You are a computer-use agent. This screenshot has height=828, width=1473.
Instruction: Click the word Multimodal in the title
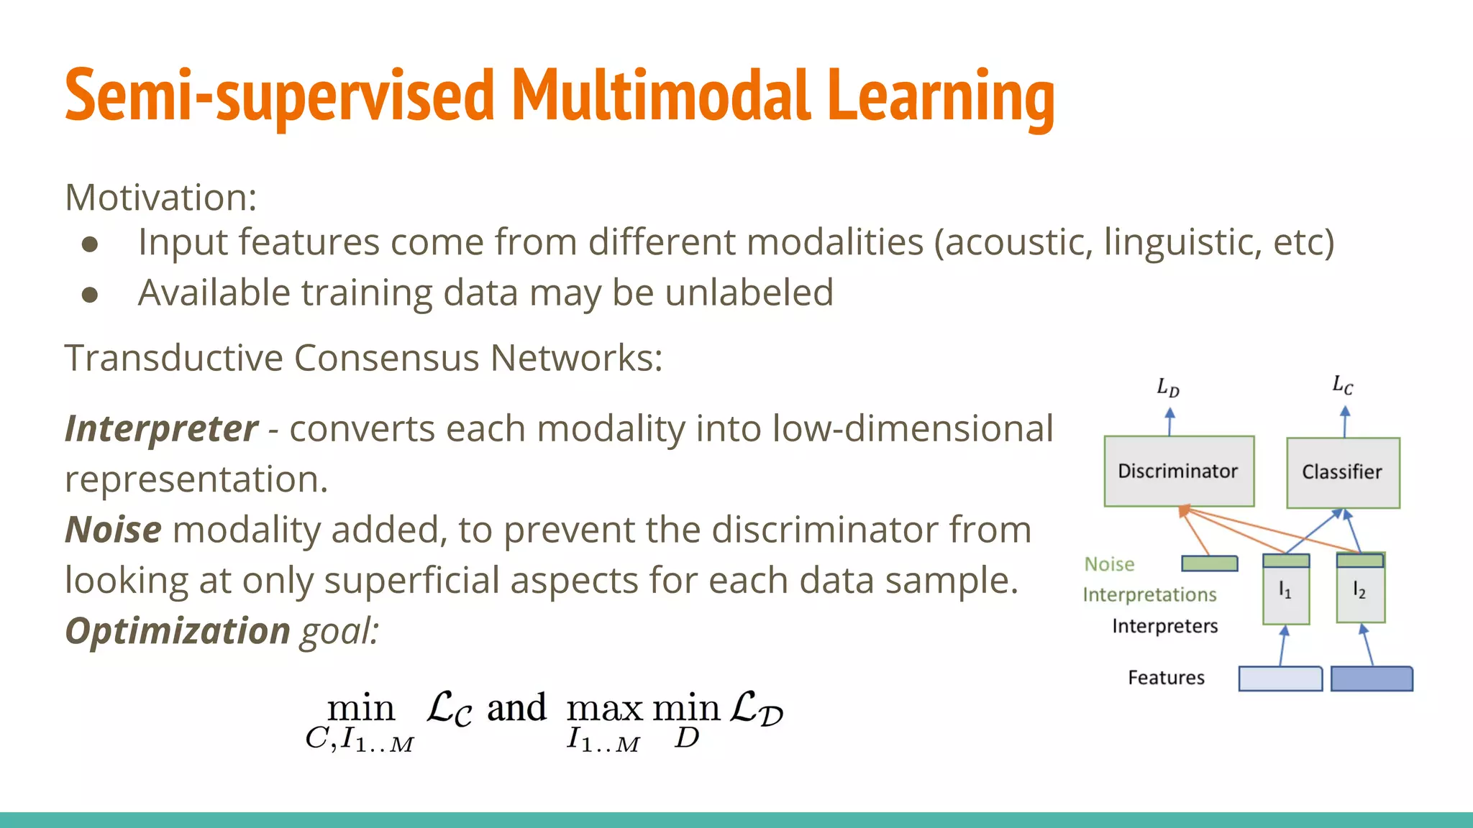[660, 96]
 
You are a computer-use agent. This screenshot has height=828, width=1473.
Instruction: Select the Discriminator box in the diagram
[1178, 471]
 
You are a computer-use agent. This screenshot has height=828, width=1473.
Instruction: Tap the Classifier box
[1342, 472]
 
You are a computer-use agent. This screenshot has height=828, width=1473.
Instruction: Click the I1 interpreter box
[1285, 593]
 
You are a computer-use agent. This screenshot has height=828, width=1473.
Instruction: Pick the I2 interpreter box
[1359, 593]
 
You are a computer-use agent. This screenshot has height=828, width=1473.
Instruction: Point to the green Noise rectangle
[1209, 563]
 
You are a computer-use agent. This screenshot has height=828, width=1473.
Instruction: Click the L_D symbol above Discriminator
[1168, 388]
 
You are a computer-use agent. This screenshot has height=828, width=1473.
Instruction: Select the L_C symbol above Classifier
[1342, 385]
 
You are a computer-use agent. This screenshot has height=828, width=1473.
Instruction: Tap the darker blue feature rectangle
[1371, 679]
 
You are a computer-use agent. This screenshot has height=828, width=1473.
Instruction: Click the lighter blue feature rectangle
[1280, 679]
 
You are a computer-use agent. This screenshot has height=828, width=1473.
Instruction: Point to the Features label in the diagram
[1165, 678]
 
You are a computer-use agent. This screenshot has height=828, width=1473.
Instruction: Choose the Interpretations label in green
[1149, 595]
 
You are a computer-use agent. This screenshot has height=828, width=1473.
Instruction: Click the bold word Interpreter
[161, 429]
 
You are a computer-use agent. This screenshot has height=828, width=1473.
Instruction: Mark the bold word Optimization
[177, 631]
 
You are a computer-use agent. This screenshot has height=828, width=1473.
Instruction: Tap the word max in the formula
[603, 709]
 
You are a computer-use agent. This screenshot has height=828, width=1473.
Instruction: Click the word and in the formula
[516, 708]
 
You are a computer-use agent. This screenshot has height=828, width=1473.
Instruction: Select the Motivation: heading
[160, 197]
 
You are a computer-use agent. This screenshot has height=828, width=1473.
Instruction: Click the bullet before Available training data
[90, 294]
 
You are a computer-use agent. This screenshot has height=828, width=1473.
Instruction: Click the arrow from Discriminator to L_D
[1169, 422]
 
